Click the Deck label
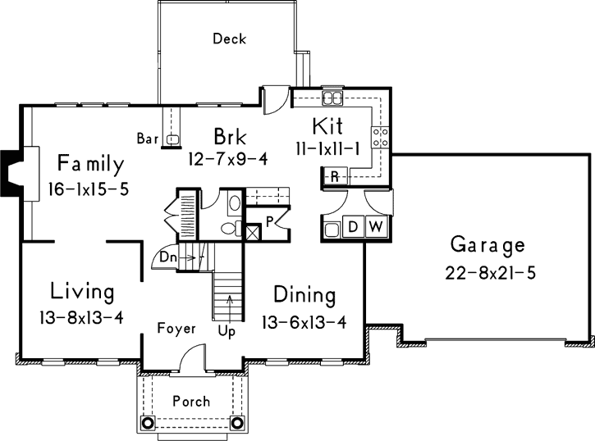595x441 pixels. point(229,39)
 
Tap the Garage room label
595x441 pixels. point(487,245)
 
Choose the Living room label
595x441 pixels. point(82,291)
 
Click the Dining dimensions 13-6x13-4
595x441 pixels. point(304,321)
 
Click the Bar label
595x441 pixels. point(148,138)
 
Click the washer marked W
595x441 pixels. point(375,227)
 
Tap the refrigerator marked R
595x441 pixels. point(335,176)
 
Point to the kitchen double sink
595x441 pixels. point(332,99)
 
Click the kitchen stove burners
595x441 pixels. point(381,136)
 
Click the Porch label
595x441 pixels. point(190,402)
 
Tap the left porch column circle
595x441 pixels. point(147,423)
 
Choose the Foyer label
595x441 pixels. point(176,329)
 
